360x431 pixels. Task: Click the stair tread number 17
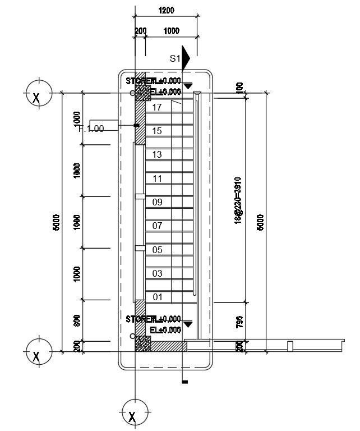157,107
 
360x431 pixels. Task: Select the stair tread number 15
157,131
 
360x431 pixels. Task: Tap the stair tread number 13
157,155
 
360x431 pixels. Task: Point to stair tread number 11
157,179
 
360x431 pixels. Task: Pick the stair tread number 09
157,203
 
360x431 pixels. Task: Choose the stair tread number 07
157,226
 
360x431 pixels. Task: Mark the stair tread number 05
157,250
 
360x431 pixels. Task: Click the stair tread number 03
157,274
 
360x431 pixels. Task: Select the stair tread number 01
157,297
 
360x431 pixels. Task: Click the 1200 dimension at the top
166,10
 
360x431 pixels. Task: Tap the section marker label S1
175,58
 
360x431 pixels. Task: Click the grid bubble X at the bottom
133,416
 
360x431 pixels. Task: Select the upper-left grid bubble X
37,97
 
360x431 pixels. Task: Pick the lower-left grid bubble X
37,356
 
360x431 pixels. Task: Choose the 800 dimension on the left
77,320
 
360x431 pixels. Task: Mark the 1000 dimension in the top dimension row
172,31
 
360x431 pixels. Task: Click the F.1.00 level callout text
91,129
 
